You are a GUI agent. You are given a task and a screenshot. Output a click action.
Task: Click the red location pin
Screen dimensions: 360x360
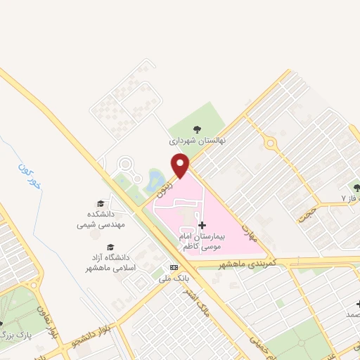click(181, 165)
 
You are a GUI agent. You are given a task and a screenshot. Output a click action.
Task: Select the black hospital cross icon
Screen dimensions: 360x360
click(203, 226)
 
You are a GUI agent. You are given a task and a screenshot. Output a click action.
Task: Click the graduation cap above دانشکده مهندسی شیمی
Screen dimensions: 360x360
click(100, 203)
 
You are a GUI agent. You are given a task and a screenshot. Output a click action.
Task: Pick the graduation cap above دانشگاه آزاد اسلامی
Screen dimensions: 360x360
click(110, 247)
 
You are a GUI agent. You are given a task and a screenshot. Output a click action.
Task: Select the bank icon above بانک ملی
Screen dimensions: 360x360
click(174, 268)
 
